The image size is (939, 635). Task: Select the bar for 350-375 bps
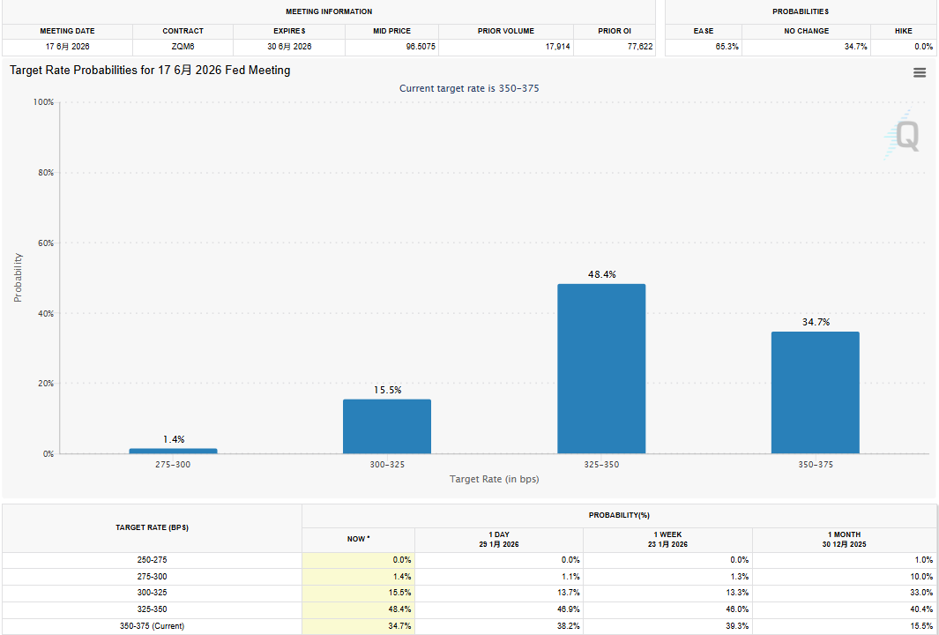pyautogui.click(x=815, y=392)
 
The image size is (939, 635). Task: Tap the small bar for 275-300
pyautogui.click(x=173, y=451)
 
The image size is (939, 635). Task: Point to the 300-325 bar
pyautogui.click(x=387, y=427)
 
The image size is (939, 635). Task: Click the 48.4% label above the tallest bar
pyautogui.click(x=602, y=275)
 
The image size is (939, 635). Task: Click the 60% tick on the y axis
pyautogui.click(x=44, y=243)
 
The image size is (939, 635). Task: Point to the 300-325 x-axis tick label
pyautogui.click(x=387, y=464)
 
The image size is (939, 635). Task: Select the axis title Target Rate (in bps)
pyautogui.click(x=494, y=479)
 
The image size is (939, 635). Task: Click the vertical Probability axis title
pyautogui.click(x=18, y=278)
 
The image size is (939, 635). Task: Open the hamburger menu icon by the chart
pyautogui.click(x=920, y=73)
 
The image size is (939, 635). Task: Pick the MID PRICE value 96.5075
pyautogui.click(x=421, y=46)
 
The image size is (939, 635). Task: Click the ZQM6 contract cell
pyautogui.click(x=183, y=46)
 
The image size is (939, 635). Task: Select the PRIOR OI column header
pyautogui.click(x=615, y=31)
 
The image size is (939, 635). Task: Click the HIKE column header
pyautogui.click(x=904, y=31)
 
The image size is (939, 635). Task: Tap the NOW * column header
pyautogui.click(x=358, y=538)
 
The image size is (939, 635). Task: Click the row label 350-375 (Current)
pyautogui.click(x=153, y=626)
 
